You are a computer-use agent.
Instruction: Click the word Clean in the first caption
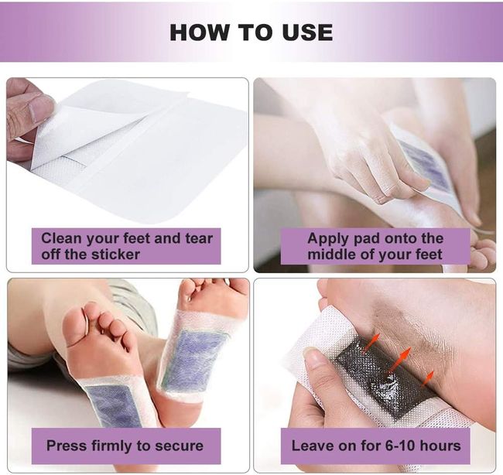[x=61, y=238]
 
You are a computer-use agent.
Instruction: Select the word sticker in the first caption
[x=115, y=255]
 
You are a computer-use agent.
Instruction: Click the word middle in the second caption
[x=331, y=255]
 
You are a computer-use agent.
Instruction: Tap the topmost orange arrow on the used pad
[x=371, y=343]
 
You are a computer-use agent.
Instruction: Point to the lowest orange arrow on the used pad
[x=428, y=378]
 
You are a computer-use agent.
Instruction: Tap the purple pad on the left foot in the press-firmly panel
[x=114, y=405]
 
